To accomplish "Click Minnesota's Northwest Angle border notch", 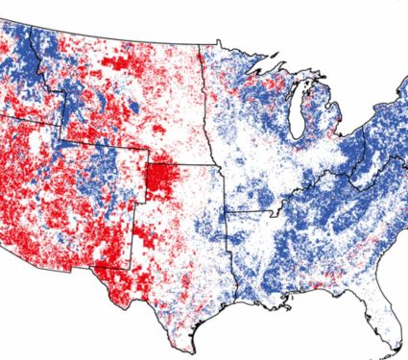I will [220, 41].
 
